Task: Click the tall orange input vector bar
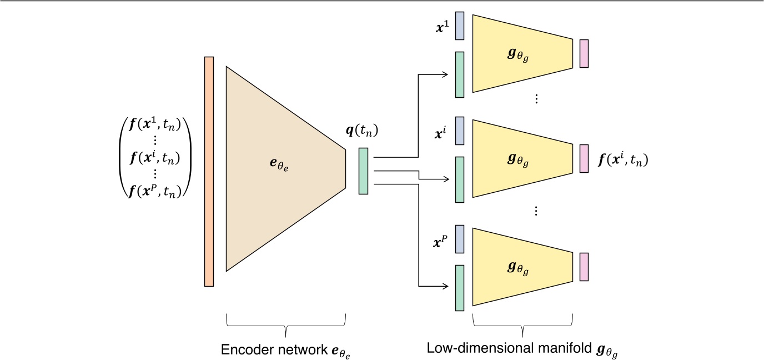209,171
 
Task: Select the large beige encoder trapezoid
278,169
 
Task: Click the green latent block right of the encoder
363,171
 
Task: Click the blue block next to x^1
459,26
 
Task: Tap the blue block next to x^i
459,131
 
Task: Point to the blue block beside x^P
459,239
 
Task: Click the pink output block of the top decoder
584,53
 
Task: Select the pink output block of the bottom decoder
584,266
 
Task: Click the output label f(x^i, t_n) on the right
624,161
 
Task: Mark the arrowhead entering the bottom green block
445,287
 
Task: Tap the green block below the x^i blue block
459,179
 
